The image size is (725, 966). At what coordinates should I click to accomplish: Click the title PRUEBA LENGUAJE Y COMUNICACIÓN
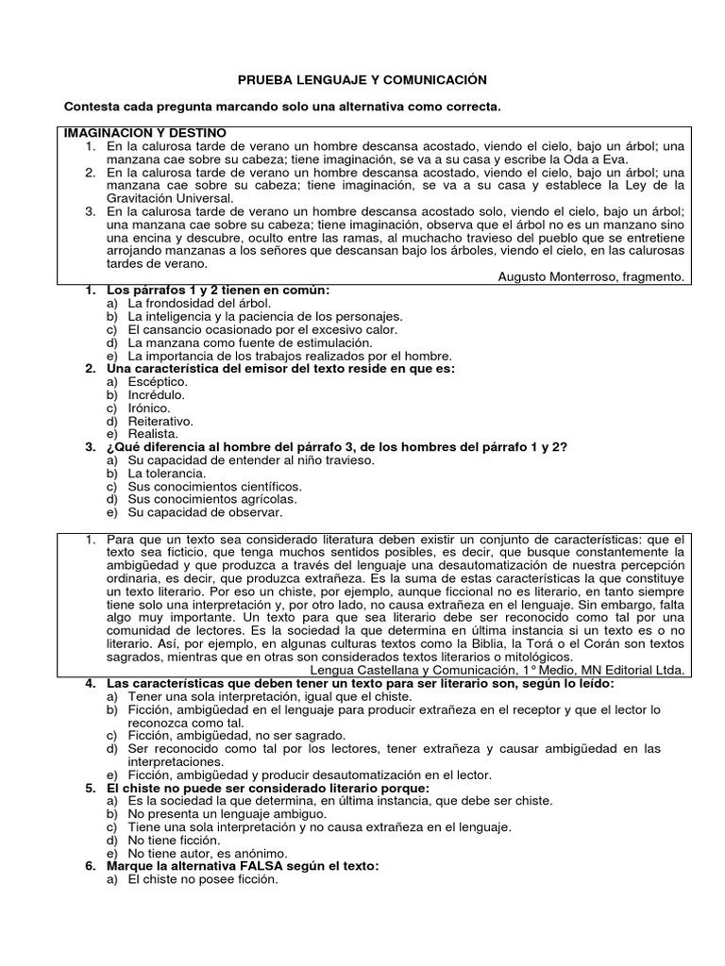(362, 81)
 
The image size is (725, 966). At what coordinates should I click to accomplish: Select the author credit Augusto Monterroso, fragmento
(595, 277)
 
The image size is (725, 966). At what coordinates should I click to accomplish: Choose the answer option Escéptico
(160, 381)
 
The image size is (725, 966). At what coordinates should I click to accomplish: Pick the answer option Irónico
(151, 408)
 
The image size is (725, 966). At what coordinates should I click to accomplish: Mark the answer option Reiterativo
(161, 421)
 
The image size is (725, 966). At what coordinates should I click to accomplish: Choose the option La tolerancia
(164, 474)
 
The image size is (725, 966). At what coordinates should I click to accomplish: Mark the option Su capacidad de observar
(205, 513)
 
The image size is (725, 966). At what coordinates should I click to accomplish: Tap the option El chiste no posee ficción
(203, 879)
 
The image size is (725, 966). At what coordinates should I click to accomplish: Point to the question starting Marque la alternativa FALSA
(244, 866)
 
